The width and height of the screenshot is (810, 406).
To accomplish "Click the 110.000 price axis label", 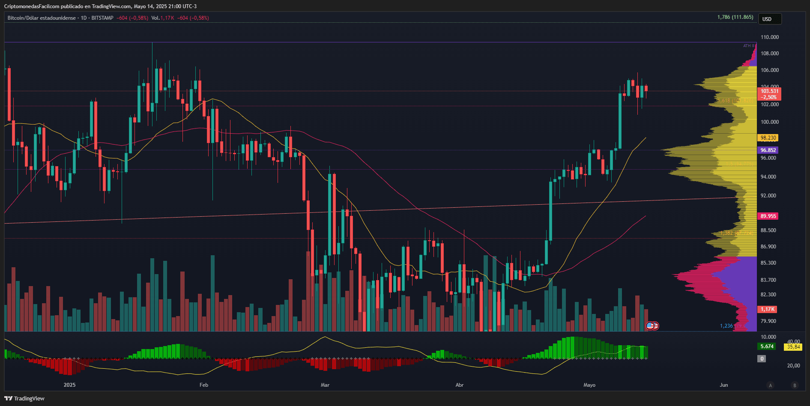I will coord(769,37).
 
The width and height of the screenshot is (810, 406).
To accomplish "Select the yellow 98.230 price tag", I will coord(768,138).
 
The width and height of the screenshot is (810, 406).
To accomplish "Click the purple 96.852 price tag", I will coord(768,150).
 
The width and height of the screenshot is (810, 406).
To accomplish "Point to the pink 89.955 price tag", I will coord(768,216).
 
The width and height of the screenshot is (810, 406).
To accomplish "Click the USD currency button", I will coord(770,19).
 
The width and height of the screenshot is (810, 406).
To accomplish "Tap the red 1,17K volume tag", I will coord(768,309).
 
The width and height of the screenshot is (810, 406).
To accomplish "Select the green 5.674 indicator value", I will coord(767,346).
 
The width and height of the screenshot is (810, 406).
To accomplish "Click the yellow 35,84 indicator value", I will coord(793,347).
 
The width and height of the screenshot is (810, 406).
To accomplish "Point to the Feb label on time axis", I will coord(204,385).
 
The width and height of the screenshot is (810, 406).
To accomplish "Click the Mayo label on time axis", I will coord(589,385).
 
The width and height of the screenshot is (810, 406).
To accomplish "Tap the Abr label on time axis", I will coord(460,385).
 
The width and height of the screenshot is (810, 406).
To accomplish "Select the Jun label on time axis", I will coord(723,385).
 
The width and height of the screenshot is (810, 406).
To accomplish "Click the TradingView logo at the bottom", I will coord(24,399).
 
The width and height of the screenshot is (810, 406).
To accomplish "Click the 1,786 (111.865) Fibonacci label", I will coord(735,17).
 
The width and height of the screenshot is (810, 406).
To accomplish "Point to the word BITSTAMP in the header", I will coord(102,18).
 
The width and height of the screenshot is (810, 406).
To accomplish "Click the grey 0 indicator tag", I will coord(762,359).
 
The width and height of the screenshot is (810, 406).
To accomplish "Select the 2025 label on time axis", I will coord(69,385).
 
